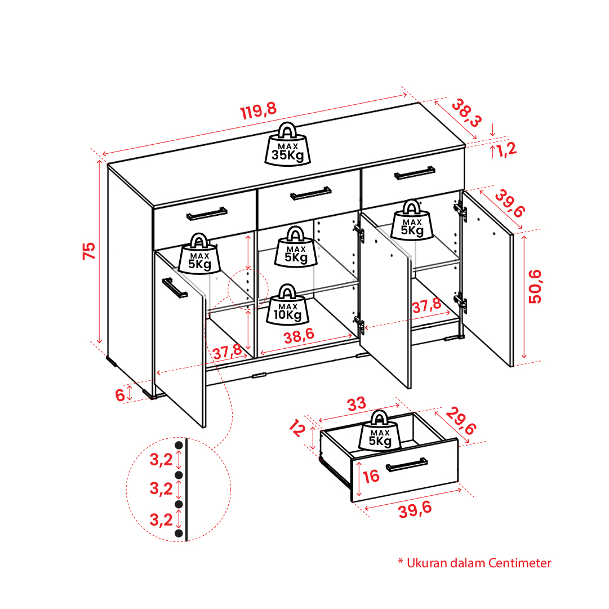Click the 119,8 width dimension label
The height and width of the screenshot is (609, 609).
(259, 110)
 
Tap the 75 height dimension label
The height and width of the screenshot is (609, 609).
(89, 251)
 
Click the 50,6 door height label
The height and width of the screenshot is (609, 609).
(535, 286)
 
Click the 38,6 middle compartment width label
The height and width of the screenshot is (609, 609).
(299, 336)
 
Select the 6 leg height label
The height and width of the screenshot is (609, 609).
(120, 395)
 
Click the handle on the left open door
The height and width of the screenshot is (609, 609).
(175, 288)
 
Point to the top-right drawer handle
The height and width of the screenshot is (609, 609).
(415, 173)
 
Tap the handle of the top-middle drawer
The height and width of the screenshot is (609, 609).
(311, 193)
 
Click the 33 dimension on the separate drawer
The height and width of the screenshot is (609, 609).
(357, 404)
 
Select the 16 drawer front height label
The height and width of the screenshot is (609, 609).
(371, 476)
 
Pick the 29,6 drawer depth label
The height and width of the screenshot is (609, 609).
(461, 421)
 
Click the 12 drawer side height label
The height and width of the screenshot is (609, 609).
(297, 429)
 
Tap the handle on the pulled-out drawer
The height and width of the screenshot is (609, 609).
(407, 465)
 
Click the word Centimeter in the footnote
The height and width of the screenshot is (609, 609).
(519, 563)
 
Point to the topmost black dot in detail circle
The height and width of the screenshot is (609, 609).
(179, 446)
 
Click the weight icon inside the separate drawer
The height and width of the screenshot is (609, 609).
(380, 430)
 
